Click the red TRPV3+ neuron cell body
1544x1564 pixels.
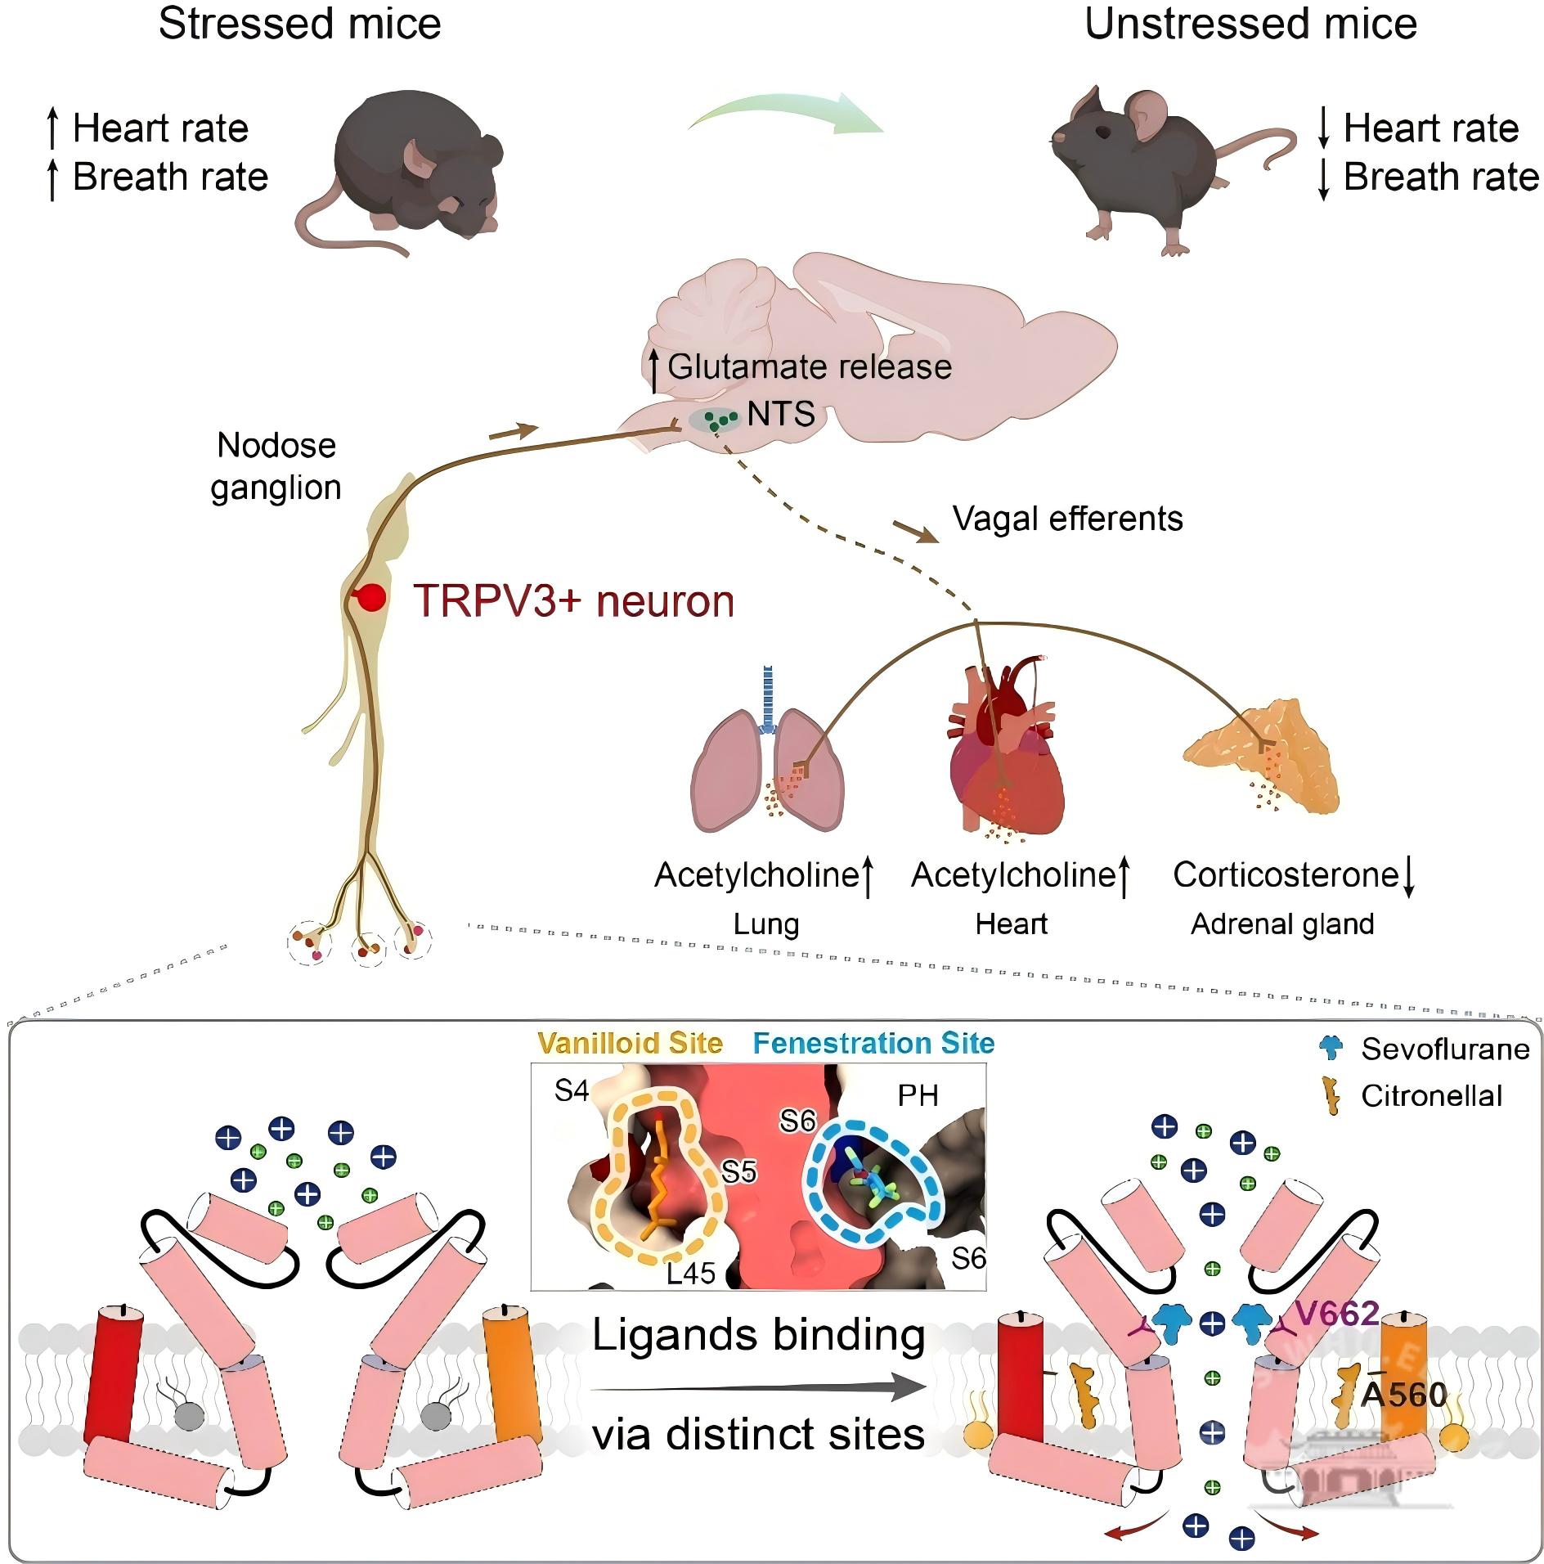371,597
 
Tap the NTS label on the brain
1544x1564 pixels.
781,414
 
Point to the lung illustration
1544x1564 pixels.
767,769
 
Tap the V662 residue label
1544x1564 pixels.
1337,1313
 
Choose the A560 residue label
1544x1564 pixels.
1403,1394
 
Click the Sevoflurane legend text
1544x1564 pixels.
1445,1049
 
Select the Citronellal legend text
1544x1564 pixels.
1431,1096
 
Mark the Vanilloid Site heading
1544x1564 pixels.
630,1043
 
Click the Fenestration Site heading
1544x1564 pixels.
873,1043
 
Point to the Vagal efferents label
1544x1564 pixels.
1067,519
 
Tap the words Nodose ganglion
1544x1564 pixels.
276,466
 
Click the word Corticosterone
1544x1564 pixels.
1286,874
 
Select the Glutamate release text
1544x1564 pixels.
810,366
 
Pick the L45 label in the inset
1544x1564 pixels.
691,1273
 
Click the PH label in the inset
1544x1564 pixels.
918,1095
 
